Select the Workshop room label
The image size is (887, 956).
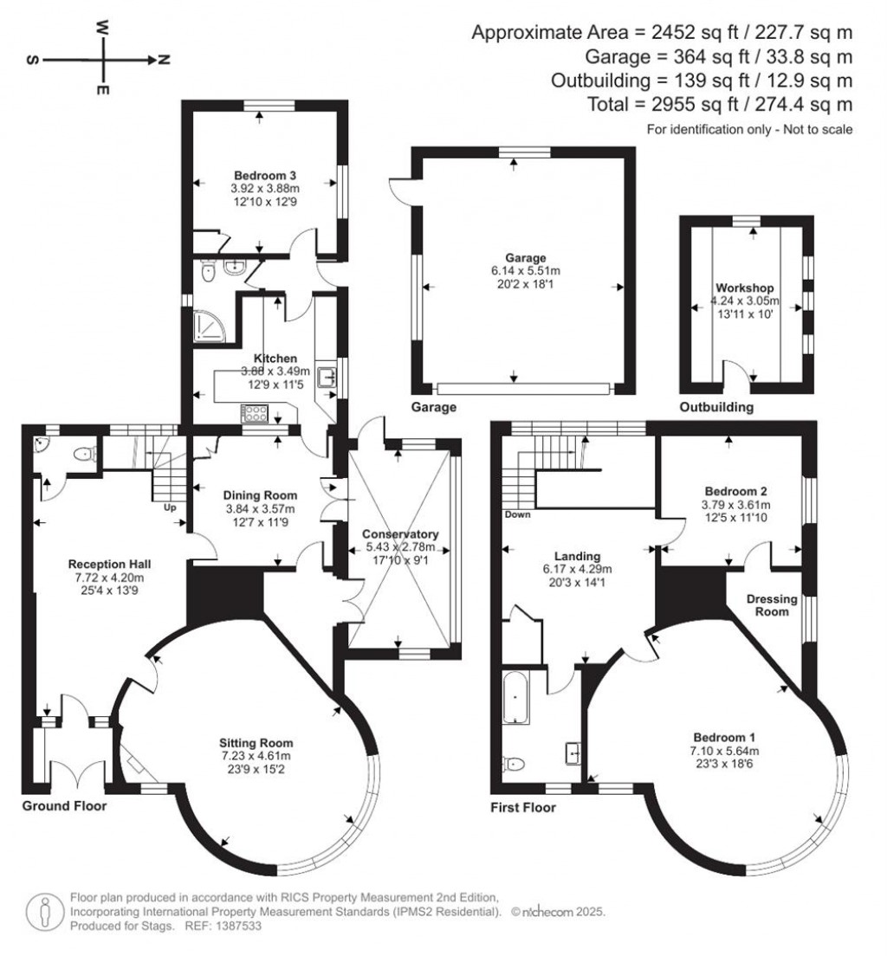pyautogui.click(x=744, y=288)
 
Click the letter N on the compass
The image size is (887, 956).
pyautogui.click(x=164, y=60)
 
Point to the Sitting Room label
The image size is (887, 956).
pyautogui.click(x=256, y=742)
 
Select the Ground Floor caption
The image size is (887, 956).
pyautogui.click(x=64, y=806)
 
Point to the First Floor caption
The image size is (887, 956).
pyautogui.click(x=522, y=808)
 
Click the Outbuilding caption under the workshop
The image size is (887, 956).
pyautogui.click(x=716, y=406)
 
